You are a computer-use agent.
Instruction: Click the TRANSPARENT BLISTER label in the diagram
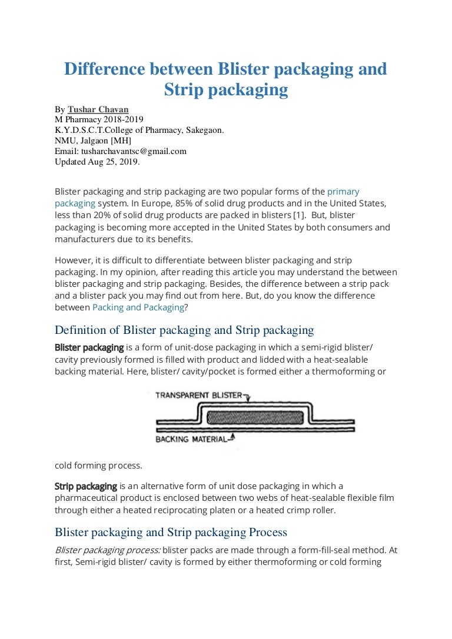pyautogui.click(x=199, y=395)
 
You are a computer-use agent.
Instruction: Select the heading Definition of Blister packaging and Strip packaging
pyautogui.click(x=184, y=330)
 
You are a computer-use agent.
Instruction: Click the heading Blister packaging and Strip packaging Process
pyautogui.click(x=171, y=532)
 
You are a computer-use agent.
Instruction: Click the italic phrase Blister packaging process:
pyautogui.click(x=107, y=549)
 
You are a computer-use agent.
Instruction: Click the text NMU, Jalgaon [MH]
pyautogui.click(x=93, y=140)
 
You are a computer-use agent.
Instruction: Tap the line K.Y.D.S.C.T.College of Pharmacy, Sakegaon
pyautogui.click(x=139, y=130)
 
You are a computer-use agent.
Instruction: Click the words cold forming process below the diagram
pyautogui.click(x=98, y=466)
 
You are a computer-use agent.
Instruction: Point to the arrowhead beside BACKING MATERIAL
pyautogui.click(x=234, y=436)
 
